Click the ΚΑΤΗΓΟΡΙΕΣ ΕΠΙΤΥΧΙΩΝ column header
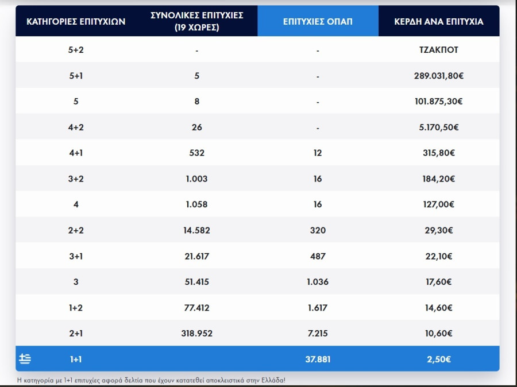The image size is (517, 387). [x=76, y=22]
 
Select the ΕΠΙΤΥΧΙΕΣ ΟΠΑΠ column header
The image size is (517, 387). [x=318, y=22]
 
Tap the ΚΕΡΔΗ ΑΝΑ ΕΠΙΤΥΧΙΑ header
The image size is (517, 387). [x=438, y=22]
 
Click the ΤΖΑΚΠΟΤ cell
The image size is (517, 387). [x=438, y=50]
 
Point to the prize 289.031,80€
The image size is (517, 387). [x=438, y=76]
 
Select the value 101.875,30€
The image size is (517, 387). [x=438, y=102]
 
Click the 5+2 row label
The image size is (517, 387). [x=76, y=50]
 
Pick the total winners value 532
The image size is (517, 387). [x=196, y=153]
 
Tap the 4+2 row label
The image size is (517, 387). [x=76, y=127]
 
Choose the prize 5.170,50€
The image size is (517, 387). [x=438, y=127]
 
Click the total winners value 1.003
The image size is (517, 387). [x=196, y=179]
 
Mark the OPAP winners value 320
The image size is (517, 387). [x=318, y=230]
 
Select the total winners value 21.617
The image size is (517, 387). [x=196, y=256]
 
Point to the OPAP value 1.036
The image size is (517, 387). [x=318, y=282]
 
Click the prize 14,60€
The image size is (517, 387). [x=438, y=308]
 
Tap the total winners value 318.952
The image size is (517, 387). [x=196, y=334]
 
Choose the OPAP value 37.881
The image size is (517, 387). [x=318, y=359]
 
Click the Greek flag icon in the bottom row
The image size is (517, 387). [x=25, y=359]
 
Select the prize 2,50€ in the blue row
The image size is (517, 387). [x=438, y=359]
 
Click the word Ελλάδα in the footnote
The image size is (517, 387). [x=271, y=380]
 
